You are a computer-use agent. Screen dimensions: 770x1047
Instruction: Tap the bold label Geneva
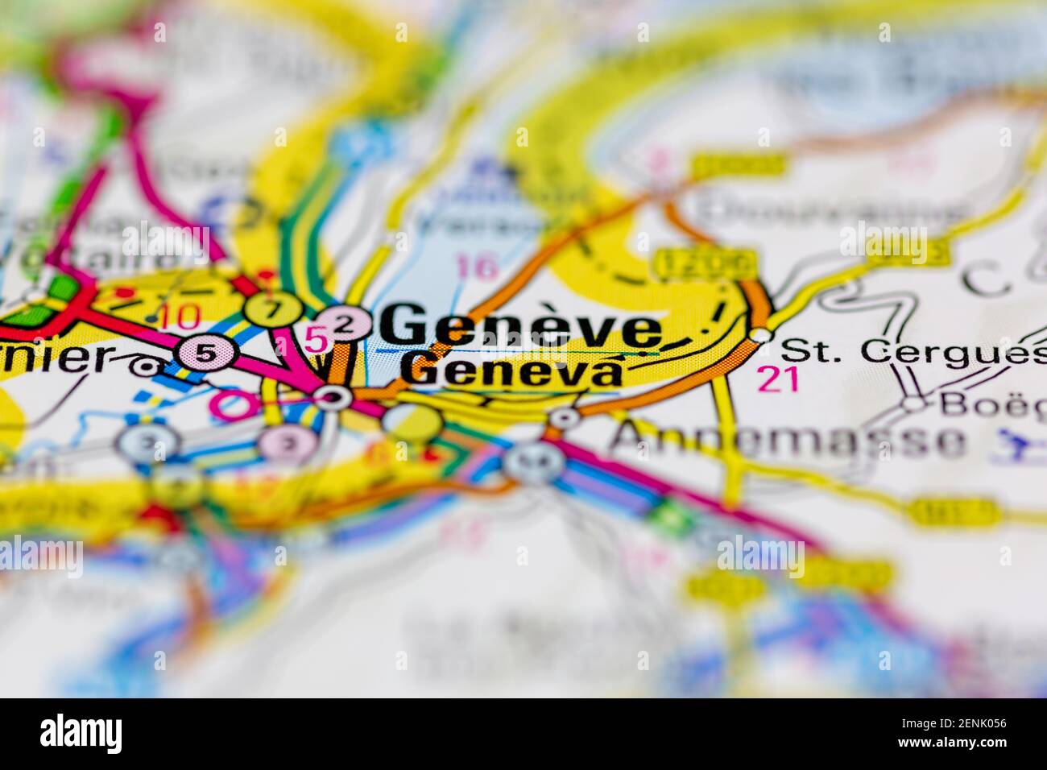[513, 371]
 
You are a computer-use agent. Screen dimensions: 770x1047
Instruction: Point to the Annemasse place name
[788, 440]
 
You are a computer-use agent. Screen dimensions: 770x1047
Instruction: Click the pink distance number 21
[778, 379]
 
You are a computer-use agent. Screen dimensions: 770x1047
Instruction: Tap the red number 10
[178, 317]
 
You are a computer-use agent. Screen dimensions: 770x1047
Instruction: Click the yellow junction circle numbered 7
[274, 308]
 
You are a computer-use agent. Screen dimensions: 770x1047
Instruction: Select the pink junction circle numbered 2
[345, 325]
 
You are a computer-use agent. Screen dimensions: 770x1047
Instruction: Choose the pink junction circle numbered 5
[206, 353]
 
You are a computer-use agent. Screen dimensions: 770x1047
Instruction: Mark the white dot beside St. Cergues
[759, 334]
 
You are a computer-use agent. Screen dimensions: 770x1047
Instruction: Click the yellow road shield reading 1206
[705, 262]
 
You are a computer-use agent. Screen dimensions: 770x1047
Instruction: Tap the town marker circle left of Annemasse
[565, 417]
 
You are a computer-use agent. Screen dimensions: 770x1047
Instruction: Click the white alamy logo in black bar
[81, 733]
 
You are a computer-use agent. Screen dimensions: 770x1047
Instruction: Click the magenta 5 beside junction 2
[317, 341]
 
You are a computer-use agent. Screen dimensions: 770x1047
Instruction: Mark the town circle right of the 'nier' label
[146, 367]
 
